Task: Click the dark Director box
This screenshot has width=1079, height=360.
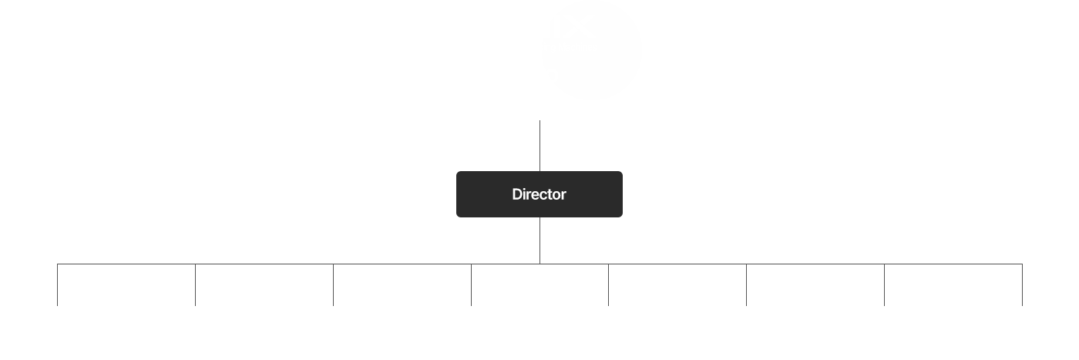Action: (539, 194)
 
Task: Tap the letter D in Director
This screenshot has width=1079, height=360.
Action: (517, 194)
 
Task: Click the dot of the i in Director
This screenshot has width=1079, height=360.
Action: (526, 189)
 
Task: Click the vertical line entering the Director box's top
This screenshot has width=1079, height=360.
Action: (539, 146)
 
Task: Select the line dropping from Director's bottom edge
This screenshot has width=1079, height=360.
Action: (539, 241)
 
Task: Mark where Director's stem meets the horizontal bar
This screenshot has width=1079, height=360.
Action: (539, 264)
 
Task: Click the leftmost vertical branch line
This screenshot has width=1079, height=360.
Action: (57, 284)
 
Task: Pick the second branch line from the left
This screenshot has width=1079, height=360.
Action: (195, 284)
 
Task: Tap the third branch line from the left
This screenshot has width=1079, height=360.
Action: (333, 284)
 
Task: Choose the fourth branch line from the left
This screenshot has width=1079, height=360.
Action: (471, 284)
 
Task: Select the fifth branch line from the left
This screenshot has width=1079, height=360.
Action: (608, 284)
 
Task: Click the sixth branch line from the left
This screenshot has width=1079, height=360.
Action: (747, 284)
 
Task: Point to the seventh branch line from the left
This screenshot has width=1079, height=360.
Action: (885, 284)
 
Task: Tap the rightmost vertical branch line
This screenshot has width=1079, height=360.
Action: (1022, 284)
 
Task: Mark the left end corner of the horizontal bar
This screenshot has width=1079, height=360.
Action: (57, 264)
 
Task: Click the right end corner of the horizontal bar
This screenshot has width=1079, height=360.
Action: (1022, 264)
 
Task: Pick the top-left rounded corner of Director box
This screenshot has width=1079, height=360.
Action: (458, 173)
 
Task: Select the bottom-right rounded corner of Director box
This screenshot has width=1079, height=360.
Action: (621, 216)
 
